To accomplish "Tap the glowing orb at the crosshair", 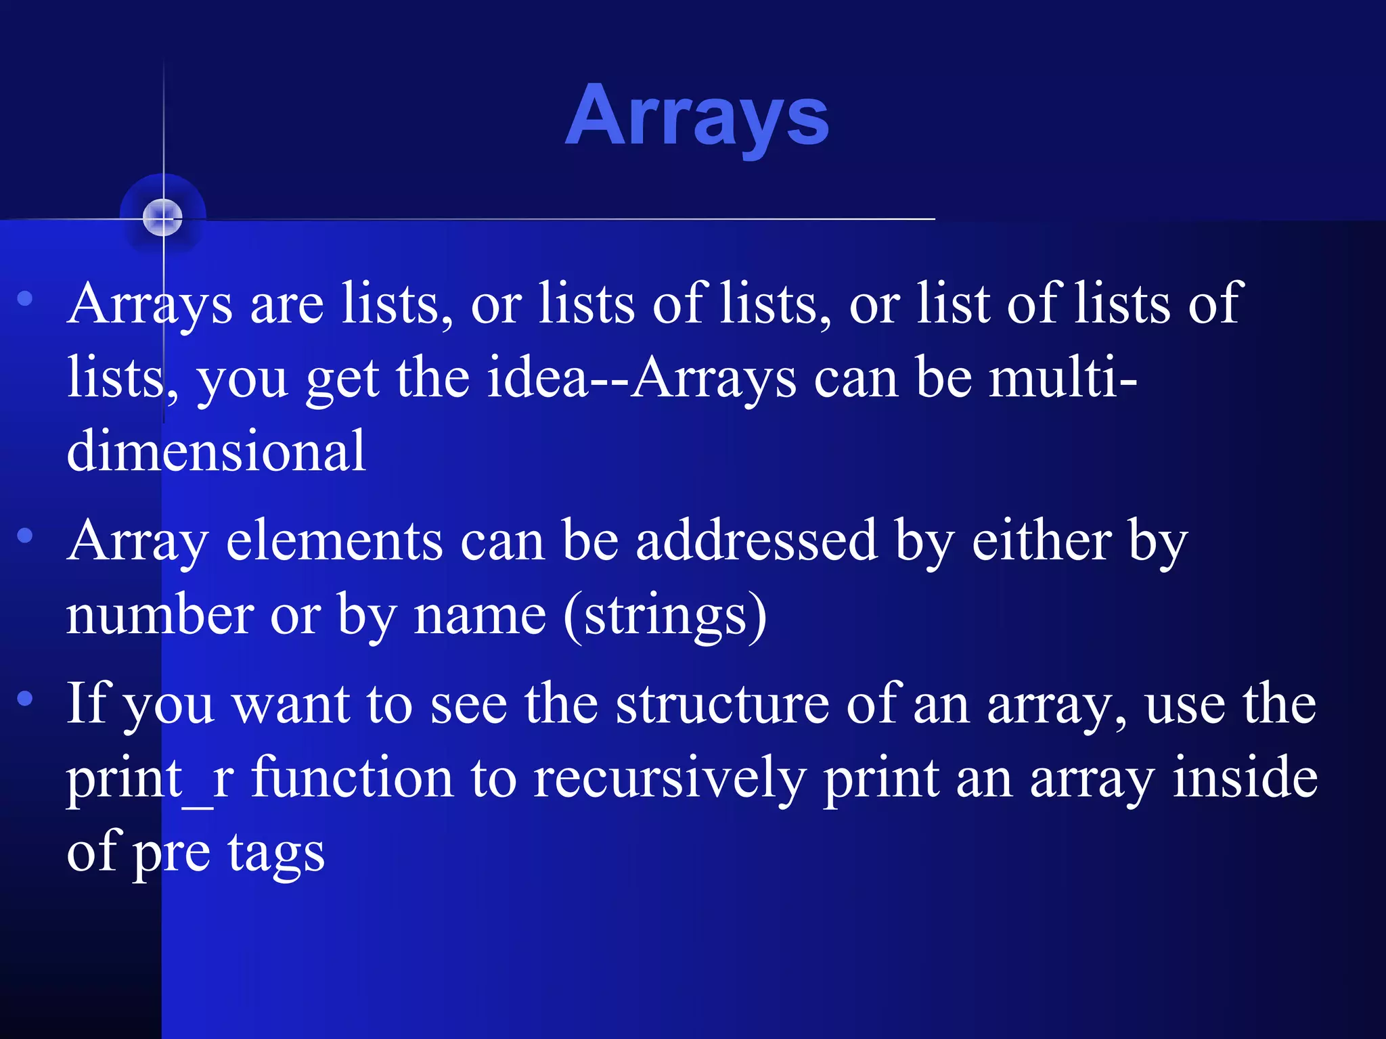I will pos(163,217).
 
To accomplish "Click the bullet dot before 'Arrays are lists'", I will pos(25,298).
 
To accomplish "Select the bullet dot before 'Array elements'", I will pos(25,536).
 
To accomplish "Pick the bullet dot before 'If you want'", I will pos(25,698).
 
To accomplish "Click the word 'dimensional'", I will pos(217,451).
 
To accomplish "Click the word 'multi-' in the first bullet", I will pos(1063,377).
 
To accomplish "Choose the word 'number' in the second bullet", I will pos(160,616).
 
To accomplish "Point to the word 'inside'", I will pos(1245,778).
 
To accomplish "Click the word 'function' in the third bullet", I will pos(352,778).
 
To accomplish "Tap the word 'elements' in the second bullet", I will pos(334,541).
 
